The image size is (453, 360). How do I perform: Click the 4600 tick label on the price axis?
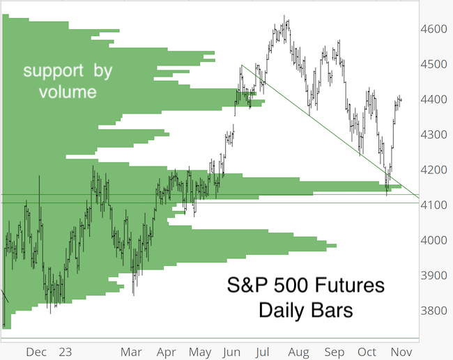coord(434,29)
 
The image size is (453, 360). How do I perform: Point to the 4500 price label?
coord(434,64)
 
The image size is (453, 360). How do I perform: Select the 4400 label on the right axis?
coord(434,100)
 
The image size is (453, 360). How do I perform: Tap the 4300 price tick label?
coord(434,134)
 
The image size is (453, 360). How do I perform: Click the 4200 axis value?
coord(434,170)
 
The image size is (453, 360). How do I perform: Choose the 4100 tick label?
coord(434,205)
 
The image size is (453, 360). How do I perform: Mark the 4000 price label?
coord(434,240)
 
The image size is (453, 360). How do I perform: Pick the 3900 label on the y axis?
coord(434,276)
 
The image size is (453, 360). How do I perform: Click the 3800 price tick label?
coord(434,311)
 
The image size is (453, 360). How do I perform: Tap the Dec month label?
coord(36,352)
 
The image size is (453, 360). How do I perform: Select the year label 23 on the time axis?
coord(66,352)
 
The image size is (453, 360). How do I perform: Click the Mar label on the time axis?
coord(131,352)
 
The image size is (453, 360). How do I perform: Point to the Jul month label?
coord(262,352)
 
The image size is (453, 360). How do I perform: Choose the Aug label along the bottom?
coord(298,352)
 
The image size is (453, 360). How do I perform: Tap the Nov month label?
coord(401,352)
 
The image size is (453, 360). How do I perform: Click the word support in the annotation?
coord(54,71)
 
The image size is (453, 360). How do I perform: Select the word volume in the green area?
coord(68,92)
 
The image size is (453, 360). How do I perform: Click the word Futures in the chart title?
coord(349,285)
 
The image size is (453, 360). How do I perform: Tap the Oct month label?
coord(367,352)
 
